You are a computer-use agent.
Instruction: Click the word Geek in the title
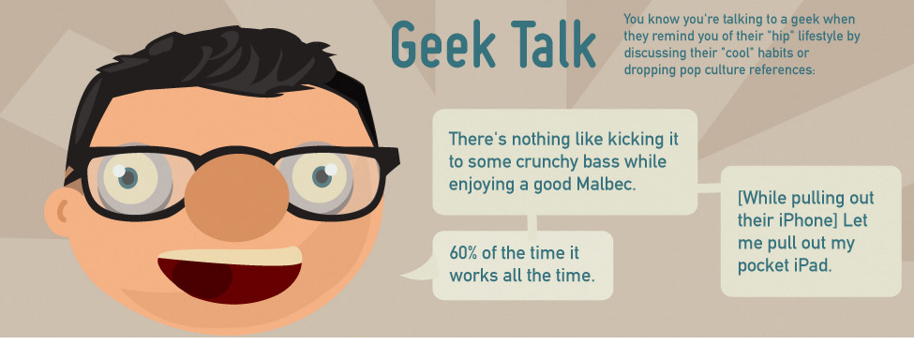pos(442,45)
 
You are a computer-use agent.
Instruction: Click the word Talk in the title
pos(554,45)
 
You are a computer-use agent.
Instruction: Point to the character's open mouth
pos(230,275)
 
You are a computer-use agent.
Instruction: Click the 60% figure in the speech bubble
pos(465,253)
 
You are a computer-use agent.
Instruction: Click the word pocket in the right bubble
pos(761,265)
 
